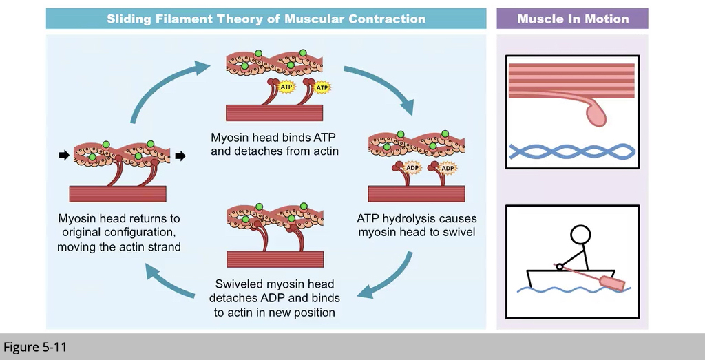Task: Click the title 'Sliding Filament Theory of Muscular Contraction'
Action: (266, 19)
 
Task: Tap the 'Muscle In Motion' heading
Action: (572, 19)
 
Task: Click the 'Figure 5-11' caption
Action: (35, 346)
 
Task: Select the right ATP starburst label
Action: (321, 87)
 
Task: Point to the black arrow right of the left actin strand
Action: (180, 156)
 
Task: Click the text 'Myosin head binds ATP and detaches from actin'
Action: (275, 143)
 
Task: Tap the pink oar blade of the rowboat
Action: (611, 282)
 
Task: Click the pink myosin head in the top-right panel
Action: (596, 114)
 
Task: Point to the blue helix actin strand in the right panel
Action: (571, 151)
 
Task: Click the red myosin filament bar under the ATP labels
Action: (275, 112)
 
